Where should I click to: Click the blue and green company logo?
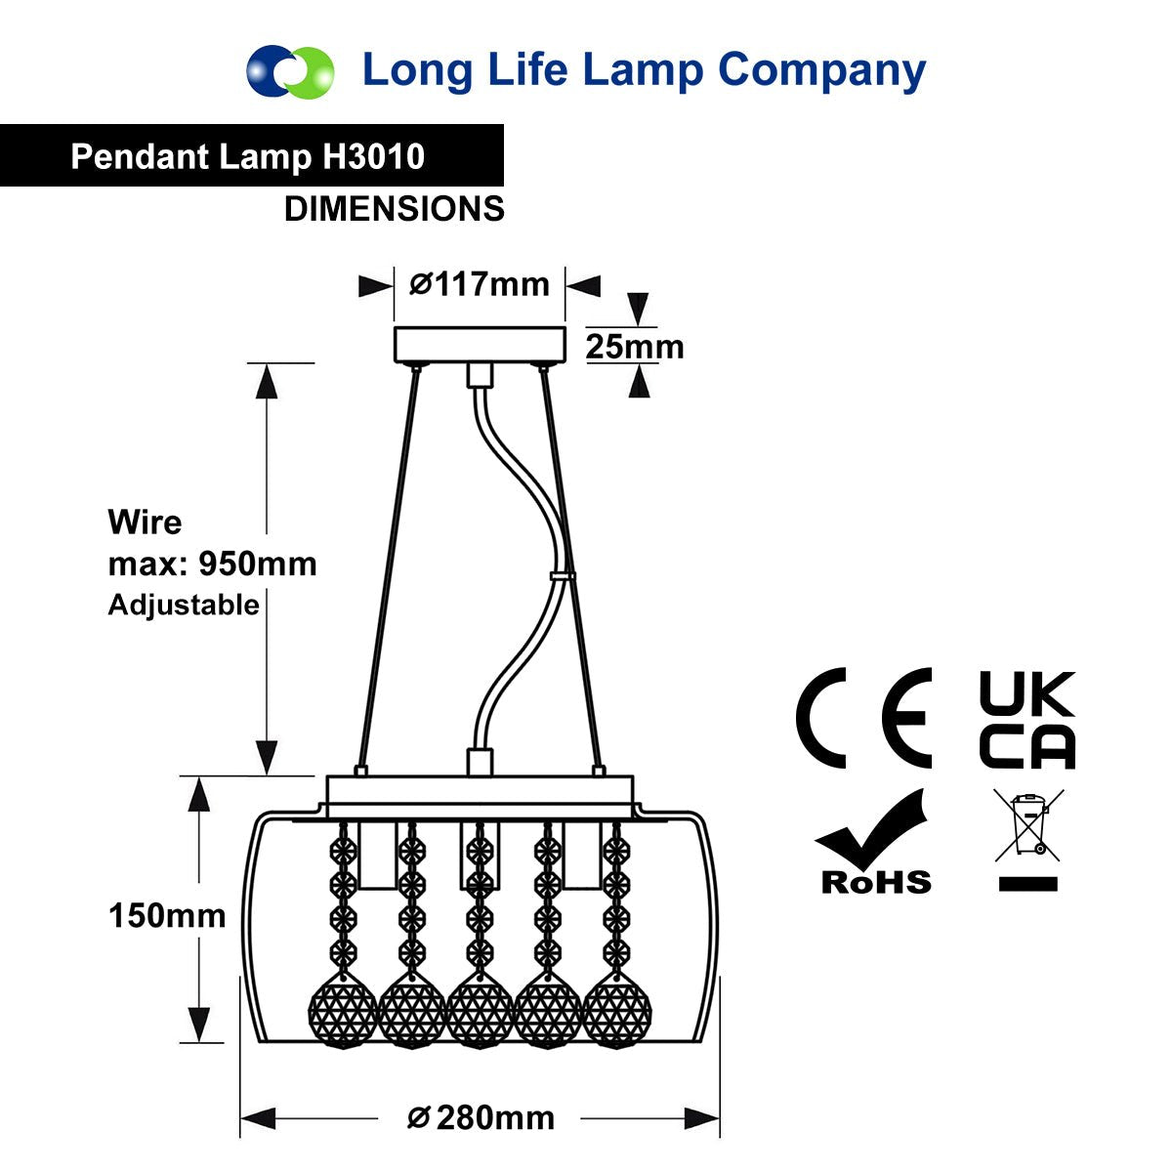pos(290,71)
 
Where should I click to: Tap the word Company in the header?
pos(821,71)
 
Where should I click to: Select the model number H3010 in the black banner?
pos(373,156)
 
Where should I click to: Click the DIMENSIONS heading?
pos(395,209)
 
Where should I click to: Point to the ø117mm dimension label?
pos(480,284)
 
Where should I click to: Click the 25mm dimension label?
pos(635,347)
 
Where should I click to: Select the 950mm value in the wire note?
pos(258,564)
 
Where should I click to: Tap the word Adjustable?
pos(184,606)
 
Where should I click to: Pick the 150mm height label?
pos(167,915)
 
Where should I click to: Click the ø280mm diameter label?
pos(481,1118)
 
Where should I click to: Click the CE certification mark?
pos(863,718)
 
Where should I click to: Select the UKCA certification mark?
pos(1027,720)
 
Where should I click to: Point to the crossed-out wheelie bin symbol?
pos(1028,839)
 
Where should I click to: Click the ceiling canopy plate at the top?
pos(480,344)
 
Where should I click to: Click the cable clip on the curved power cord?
pos(563,575)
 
